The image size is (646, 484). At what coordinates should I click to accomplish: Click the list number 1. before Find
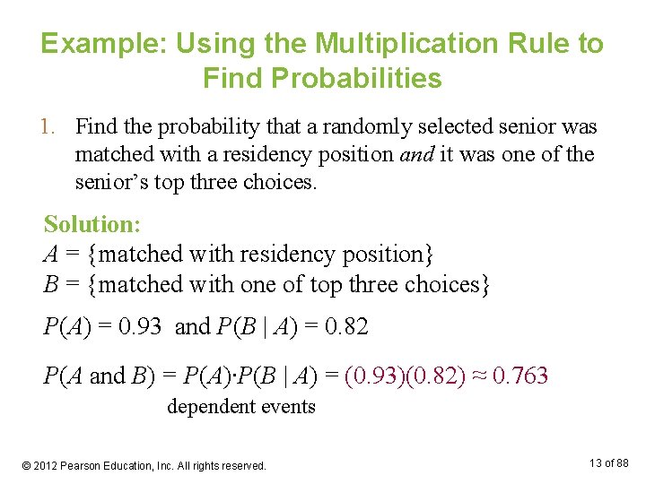55,127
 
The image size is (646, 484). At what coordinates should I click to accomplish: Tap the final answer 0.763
519,376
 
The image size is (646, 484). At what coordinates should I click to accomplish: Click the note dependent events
241,407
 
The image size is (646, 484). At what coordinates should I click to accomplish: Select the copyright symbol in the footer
26,466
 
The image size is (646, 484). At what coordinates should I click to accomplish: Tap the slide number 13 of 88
608,463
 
